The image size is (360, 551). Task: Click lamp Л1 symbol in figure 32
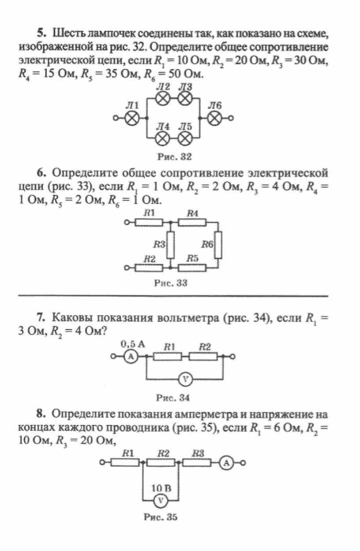[x=132, y=118]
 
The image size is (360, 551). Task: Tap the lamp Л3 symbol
[x=185, y=98]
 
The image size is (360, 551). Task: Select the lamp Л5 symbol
[x=185, y=138]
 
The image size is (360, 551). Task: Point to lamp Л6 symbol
[x=215, y=118]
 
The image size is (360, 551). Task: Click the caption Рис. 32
[x=174, y=156]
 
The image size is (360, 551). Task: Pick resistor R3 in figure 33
[x=170, y=245]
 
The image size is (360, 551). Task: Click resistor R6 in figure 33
[x=218, y=245]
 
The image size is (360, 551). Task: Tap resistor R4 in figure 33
[x=192, y=223]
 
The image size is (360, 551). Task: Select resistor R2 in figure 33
[x=149, y=268]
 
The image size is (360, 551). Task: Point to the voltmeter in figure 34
[x=185, y=379]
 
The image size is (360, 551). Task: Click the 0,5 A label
[x=132, y=344]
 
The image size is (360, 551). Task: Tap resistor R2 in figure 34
[x=203, y=357]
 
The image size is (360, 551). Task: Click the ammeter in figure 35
[x=226, y=463]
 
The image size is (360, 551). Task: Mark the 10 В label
[x=161, y=488]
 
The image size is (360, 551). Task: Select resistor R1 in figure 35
[x=125, y=463]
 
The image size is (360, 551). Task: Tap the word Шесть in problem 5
[x=67, y=33]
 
